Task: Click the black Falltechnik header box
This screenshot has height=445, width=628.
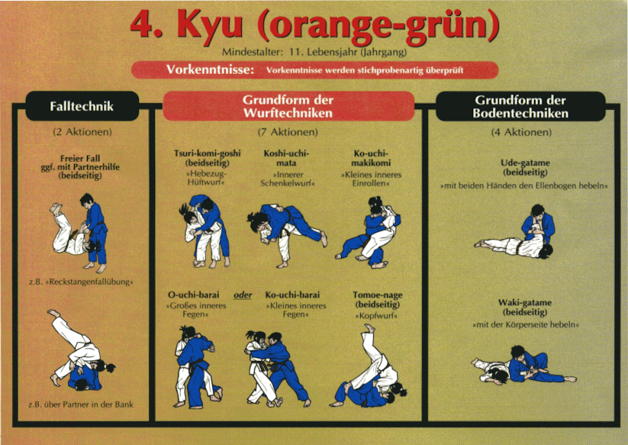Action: coord(82,106)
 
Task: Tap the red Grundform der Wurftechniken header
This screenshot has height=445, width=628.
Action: coord(288,106)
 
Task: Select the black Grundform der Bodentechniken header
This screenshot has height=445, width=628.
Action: coord(520,106)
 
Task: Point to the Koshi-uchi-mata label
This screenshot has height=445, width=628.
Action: coord(286,158)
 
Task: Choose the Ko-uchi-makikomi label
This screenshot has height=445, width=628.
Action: coord(371,158)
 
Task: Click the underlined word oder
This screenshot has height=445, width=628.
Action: coord(243,295)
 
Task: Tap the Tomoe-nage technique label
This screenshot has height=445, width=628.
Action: coord(377,300)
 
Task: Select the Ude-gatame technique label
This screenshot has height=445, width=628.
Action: coord(525,167)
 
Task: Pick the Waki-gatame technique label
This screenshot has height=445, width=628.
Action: coord(525,307)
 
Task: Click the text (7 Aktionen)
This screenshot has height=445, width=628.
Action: coord(288,132)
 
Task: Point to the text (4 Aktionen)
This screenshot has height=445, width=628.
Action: coord(521,132)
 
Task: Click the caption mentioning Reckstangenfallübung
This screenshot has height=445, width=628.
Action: coord(81,282)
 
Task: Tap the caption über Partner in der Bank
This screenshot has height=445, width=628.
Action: coord(81,405)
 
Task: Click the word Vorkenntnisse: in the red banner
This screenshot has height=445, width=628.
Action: coord(211,69)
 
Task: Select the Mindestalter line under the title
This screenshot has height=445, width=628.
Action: coord(314,52)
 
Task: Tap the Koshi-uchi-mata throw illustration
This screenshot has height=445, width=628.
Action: coord(287,234)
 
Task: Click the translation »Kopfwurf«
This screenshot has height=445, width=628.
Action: coord(376,316)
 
